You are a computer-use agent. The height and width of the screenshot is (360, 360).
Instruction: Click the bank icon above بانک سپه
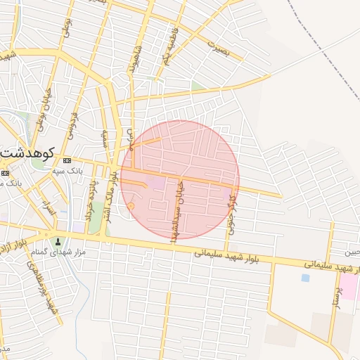click(67, 161)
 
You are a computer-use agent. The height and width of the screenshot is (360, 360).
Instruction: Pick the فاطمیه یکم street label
click(169, 46)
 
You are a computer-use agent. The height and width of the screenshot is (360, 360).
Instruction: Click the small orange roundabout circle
click(131, 205)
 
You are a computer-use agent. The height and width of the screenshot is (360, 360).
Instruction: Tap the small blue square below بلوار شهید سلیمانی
click(304, 278)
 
